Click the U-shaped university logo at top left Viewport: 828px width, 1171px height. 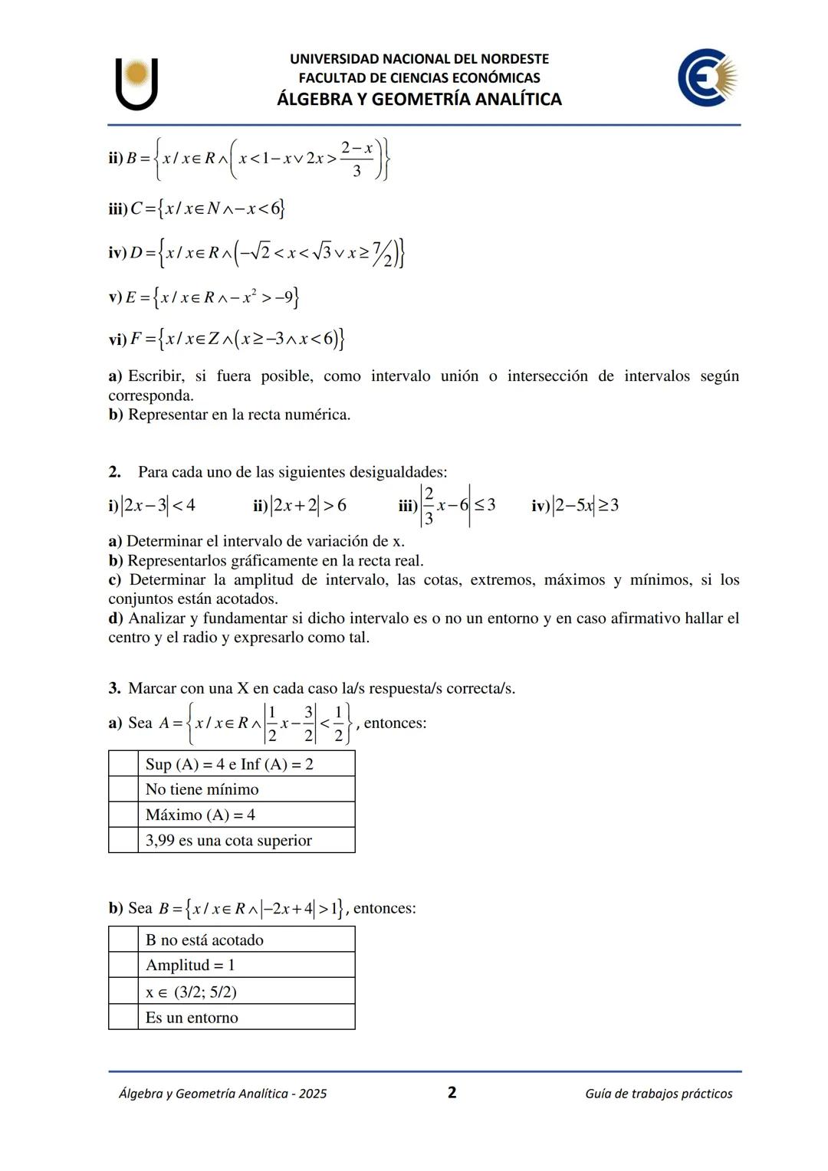point(136,84)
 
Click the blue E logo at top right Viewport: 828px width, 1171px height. point(707,77)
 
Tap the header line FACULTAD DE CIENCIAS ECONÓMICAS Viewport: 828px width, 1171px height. point(419,77)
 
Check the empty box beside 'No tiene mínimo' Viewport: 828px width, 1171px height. point(123,789)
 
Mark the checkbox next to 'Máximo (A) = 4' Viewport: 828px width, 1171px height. point(123,814)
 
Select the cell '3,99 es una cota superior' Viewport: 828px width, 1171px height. point(228,840)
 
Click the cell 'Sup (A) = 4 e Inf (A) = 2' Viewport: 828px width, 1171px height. point(229,763)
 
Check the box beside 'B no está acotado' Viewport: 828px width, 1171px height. point(123,939)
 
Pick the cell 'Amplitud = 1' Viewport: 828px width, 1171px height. point(190,965)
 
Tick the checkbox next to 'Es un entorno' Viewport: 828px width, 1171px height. point(123,1017)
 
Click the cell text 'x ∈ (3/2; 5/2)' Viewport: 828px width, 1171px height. point(191,992)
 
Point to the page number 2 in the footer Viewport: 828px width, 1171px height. point(452,1092)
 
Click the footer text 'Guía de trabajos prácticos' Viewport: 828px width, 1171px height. point(658,1094)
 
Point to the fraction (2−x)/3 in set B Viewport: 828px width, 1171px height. point(356,159)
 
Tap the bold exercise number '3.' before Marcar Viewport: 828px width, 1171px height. point(114,688)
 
